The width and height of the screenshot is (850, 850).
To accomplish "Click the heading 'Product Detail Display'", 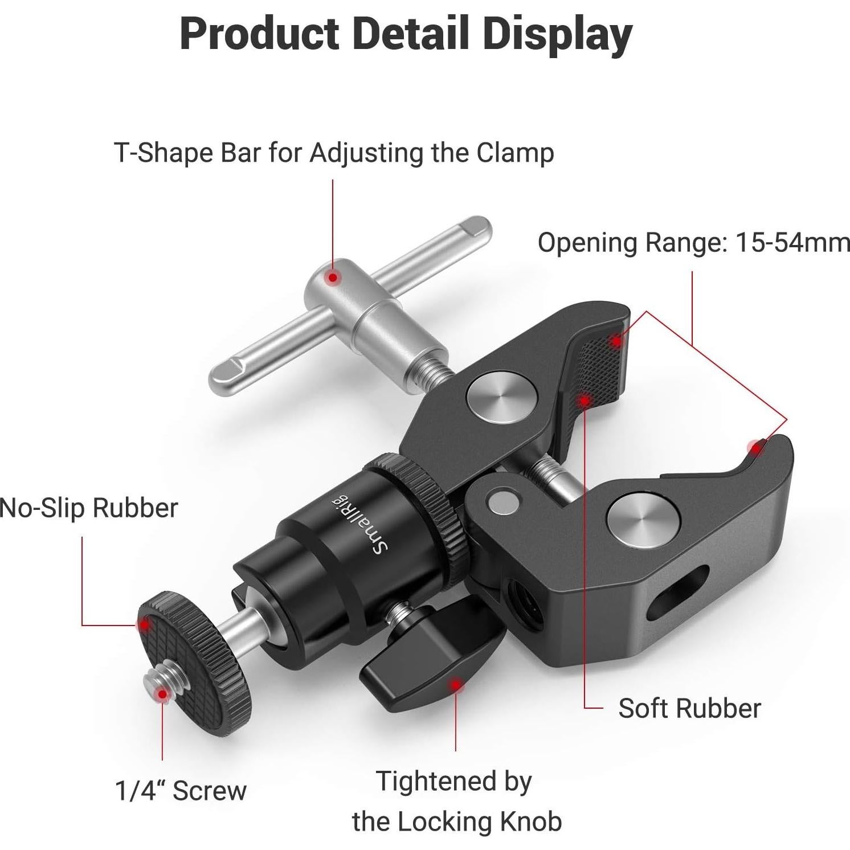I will click(x=406, y=34).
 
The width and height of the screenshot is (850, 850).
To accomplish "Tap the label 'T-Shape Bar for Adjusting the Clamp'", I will click(x=334, y=153).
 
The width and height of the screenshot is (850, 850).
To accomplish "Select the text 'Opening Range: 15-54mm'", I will click(x=693, y=243).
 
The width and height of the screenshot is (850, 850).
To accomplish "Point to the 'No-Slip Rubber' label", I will click(x=89, y=508).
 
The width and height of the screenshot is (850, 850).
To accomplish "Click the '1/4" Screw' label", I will click(x=181, y=790).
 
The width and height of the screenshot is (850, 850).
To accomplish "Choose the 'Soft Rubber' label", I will click(x=689, y=708).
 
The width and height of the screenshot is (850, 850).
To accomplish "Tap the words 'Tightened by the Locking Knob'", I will click(x=456, y=801).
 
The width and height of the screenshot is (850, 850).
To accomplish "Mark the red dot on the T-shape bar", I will click(x=332, y=277).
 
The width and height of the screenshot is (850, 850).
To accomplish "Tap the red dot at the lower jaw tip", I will click(x=756, y=448).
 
